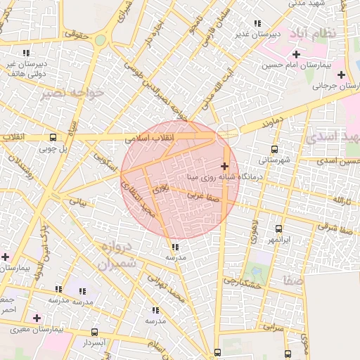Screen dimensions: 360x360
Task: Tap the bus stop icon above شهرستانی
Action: click(274, 149)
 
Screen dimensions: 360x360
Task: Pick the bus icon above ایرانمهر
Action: click(279, 229)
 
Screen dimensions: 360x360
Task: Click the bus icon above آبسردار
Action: click(95, 332)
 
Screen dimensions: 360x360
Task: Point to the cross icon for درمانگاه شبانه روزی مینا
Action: click(224, 167)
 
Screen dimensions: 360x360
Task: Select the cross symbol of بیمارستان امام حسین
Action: click(296, 54)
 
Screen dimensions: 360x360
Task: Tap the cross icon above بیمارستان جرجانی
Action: click(340, 75)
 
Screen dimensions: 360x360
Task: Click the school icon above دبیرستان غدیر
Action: click(259, 23)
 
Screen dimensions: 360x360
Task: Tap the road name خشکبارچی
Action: click(243, 281)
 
